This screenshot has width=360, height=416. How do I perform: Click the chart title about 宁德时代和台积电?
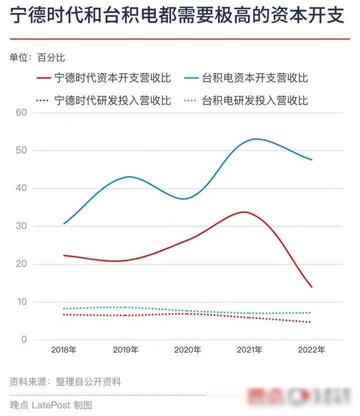(x=177, y=16)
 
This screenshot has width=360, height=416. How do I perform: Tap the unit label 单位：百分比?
(x=37, y=58)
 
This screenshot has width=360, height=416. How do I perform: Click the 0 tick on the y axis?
(x=23, y=340)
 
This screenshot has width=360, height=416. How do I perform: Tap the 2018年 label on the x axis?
(x=64, y=350)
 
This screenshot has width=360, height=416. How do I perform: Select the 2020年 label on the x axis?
(x=187, y=350)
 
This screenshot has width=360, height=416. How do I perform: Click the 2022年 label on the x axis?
(x=311, y=350)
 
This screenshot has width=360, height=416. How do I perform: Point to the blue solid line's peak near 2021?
(x=256, y=139)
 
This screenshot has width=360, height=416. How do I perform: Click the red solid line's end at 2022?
(x=311, y=287)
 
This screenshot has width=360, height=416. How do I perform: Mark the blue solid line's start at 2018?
(x=64, y=223)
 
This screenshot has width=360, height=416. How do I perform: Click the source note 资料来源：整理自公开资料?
(x=65, y=382)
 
